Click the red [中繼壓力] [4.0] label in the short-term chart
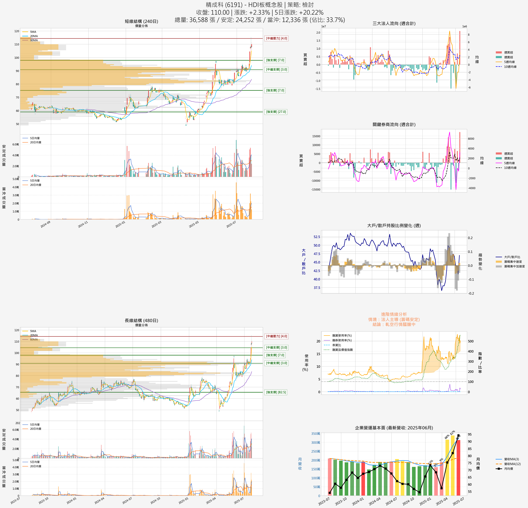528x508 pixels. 276,39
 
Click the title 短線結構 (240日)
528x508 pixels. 141,21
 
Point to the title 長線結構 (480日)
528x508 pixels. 141,321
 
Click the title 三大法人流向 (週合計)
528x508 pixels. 394,23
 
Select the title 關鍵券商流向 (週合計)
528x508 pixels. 394,124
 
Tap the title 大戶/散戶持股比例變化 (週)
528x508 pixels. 394,225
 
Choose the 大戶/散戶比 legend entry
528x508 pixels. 512,257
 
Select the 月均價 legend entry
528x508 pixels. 508,469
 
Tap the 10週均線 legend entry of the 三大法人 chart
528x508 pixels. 510,67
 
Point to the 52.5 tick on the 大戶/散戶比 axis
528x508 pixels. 317,237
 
